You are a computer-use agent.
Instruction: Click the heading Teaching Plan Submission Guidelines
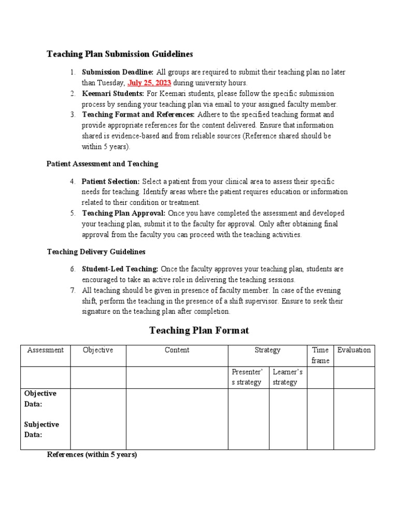[120, 54]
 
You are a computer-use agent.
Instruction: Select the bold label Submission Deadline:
[118, 72]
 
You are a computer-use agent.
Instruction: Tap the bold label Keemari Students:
[113, 93]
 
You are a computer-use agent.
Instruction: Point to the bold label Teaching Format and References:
[138, 115]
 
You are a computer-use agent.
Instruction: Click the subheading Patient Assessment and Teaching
[103, 164]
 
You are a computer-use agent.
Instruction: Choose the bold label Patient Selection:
[111, 181]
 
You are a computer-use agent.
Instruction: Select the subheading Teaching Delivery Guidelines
[96, 251]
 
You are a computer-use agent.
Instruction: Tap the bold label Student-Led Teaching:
[120, 269]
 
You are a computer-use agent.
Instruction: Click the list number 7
[73, 290]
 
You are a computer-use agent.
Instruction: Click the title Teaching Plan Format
[199, 330]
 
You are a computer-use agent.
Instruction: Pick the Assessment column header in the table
[45, 350]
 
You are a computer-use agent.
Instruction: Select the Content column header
[177, 350]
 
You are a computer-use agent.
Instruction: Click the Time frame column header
[320, 355]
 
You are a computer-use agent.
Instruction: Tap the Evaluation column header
[354, 350]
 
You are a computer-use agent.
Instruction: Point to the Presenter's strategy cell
[248, 377]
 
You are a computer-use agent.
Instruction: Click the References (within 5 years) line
[92, 455]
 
